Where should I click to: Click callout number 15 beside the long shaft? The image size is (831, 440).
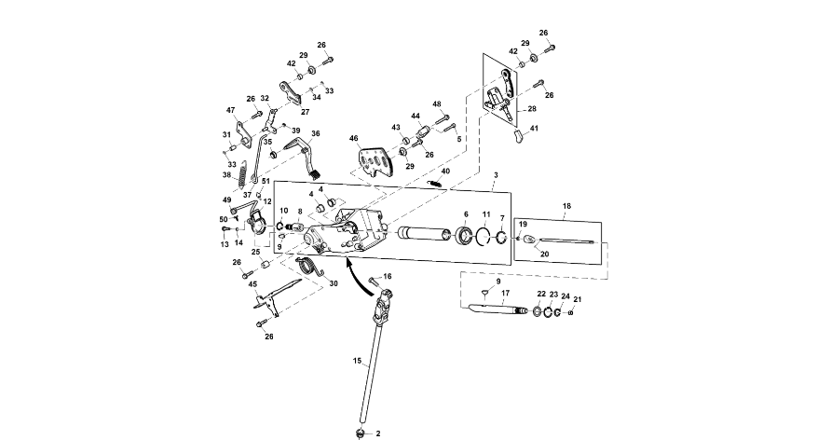point(356,360)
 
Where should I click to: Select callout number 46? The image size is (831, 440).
point(354,138)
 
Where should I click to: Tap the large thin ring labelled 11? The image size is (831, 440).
point(484,235)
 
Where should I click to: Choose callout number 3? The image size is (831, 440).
point(496,175)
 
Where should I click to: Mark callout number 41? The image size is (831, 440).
point(535,128)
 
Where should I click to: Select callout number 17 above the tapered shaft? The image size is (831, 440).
point(506,293)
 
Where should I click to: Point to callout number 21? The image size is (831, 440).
point(578,299)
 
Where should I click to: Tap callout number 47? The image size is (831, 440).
point(230,110)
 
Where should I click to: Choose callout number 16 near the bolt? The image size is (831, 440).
point(388,277)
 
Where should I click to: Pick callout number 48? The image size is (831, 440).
point(436,104)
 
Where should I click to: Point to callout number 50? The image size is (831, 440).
point(224,220)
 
